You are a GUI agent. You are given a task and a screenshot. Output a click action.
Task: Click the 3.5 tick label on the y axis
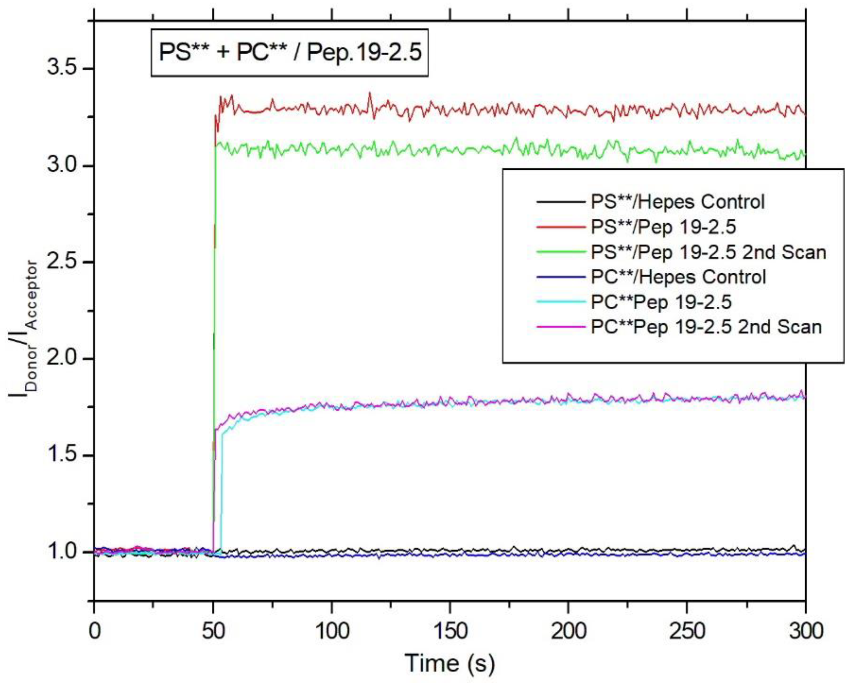click(x=62, y=68)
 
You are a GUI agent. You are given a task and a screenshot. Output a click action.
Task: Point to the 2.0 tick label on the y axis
click(x=62, y=359)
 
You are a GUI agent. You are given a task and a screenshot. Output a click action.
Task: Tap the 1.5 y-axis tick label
click(x=62, y=455)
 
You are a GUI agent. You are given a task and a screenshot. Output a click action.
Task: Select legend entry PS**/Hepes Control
click(x=677, y=202)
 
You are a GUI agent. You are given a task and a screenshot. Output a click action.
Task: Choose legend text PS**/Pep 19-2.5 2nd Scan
click(x=708, y=252)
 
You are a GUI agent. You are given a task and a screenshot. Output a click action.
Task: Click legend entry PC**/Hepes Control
click(x=678, y=277)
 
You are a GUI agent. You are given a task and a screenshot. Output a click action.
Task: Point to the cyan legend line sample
click(x=561, y=302)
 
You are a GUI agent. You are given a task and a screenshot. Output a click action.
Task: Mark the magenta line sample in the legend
click(x=561, y=327)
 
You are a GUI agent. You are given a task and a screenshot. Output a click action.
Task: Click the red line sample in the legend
click(x=561, y=227)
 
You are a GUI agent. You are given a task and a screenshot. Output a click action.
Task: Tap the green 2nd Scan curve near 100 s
click(x=331, y=148)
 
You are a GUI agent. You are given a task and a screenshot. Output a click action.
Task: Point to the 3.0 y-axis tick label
click(x=62, y=165)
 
